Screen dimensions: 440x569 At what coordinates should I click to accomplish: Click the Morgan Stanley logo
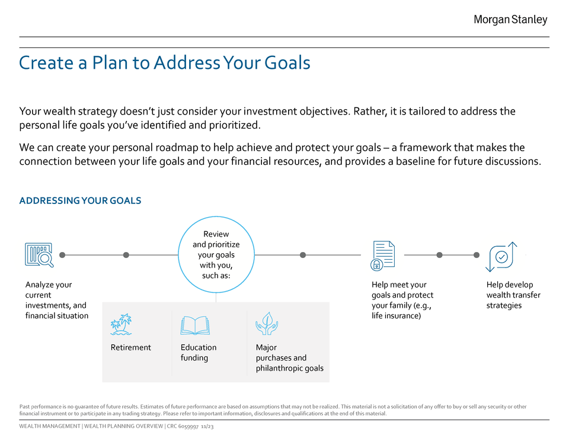point(510,20)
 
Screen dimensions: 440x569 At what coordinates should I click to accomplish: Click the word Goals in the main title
point(287,62)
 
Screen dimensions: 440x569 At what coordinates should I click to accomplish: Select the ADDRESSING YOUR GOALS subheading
point(80,200)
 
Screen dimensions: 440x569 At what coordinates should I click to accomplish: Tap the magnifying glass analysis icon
point(39,254)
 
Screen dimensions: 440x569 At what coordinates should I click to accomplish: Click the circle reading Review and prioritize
point(216,255)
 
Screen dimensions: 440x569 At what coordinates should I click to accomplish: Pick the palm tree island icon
point(121,325)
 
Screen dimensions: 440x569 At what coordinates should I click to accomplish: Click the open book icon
point(195,325)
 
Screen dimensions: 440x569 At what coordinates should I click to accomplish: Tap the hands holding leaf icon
point(266,324)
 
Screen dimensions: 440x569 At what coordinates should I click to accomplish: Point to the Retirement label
point(130,347)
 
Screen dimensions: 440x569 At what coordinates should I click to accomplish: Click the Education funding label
point(198,352)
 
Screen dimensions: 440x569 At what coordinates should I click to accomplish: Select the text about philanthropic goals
point(289,368)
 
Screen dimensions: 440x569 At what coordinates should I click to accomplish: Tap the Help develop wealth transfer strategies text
point(513,295)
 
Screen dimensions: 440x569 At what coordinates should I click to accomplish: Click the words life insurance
point(396,316)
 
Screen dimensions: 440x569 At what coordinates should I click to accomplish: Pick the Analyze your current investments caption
point(56,300)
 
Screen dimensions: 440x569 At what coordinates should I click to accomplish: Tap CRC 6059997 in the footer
point(183,426)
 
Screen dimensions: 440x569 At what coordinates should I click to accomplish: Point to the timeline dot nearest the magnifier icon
point(63,255)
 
